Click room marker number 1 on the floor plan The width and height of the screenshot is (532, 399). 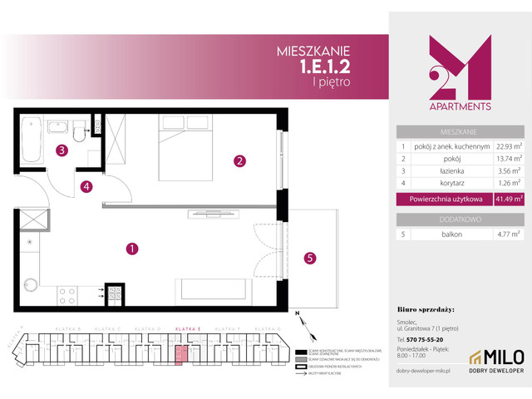[x=131, y=248]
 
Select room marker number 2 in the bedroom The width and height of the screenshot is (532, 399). [x=239, y=160]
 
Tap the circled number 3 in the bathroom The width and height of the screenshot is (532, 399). [x=62, y=150]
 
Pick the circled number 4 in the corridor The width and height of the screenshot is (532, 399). [x=86, y=187]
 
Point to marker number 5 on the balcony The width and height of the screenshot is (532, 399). [x=308, y=258]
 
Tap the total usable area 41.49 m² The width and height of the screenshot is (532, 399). [x=506, y=199]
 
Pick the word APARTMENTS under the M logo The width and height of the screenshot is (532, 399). [x=460, y=106]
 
